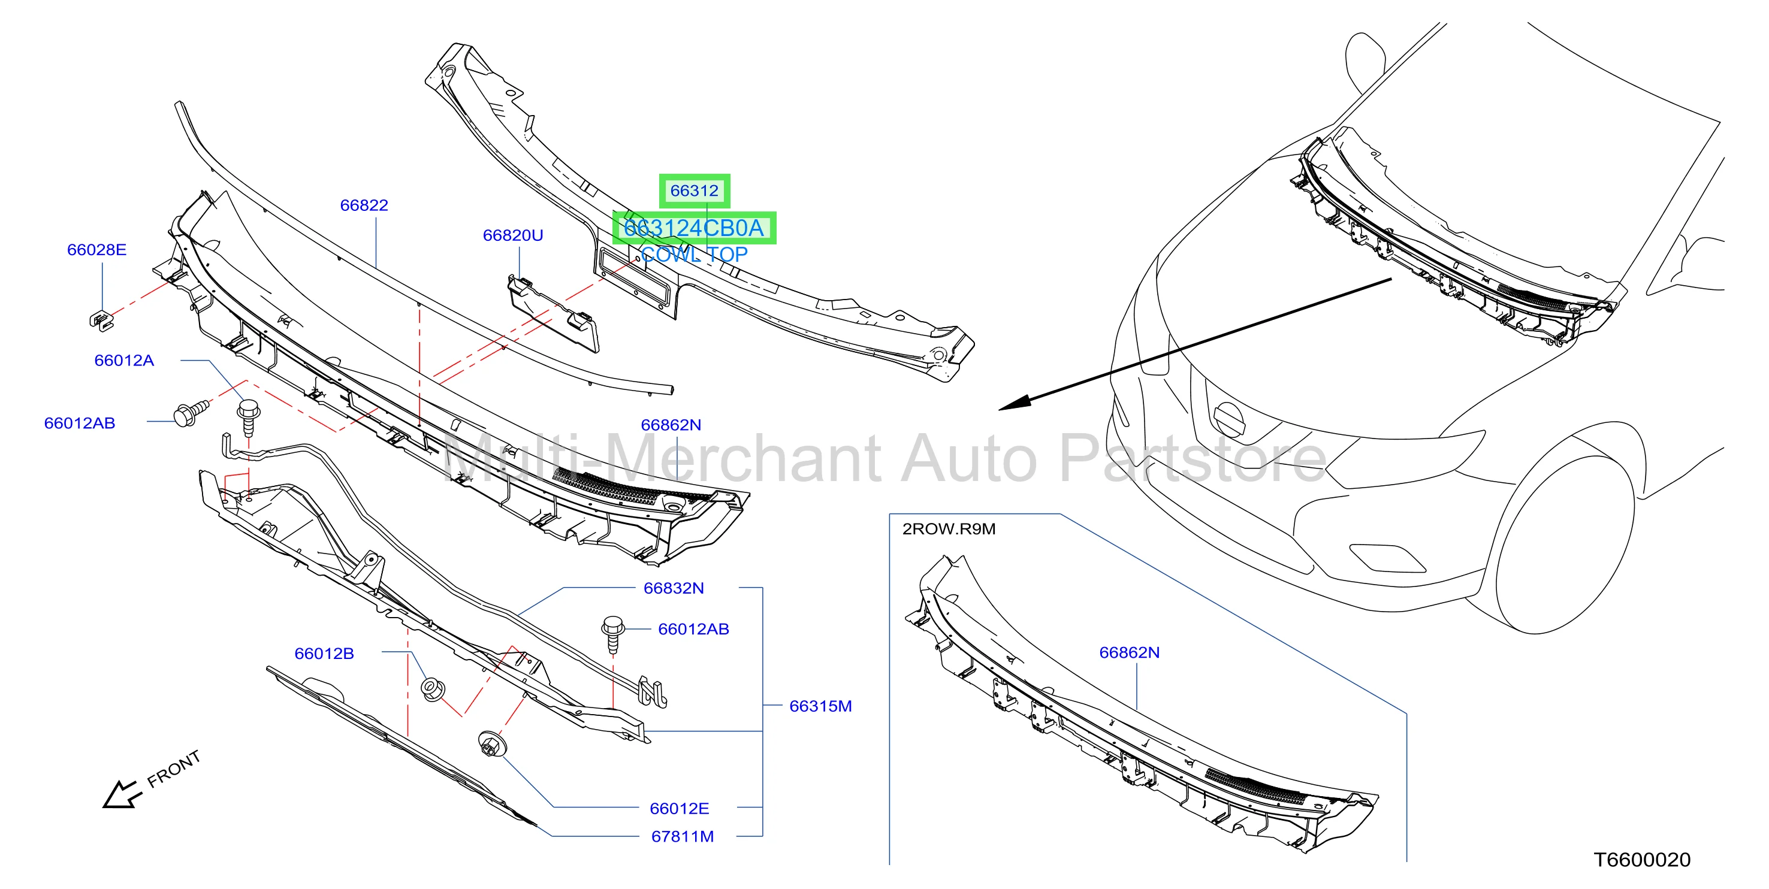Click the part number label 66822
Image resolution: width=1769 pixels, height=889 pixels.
point(364,205)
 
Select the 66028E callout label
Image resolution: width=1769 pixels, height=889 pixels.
point(97,250)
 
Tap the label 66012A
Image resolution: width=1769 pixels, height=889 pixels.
point(124,361)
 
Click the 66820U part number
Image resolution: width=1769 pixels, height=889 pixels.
point(513,235)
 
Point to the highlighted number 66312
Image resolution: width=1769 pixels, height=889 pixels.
point(695,191)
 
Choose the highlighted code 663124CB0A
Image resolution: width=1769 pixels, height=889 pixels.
point(693,228)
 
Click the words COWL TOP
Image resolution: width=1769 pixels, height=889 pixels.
point(695,255)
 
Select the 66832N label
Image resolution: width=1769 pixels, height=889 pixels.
point(674,588)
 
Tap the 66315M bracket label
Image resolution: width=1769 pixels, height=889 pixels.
point(820,706)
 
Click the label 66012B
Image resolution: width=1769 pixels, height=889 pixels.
point(324,654)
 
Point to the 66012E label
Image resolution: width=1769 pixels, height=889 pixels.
point(679,809)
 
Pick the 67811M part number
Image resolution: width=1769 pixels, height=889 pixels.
point(683,837)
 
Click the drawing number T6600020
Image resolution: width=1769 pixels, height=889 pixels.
point(1642,860)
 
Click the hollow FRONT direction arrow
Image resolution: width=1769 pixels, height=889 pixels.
point(122,795)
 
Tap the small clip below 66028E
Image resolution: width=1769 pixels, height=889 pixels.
point(101,320)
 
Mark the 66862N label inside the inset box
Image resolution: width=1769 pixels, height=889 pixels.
point(1129,653)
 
